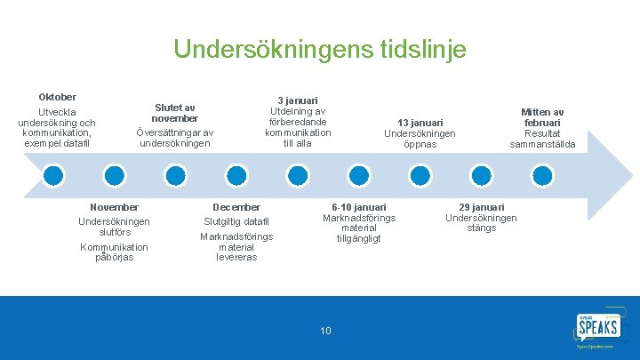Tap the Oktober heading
(57, 97)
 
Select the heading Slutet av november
(174, 113)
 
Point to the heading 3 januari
(298, 100)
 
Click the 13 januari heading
(420, 123)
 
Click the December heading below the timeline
(236, 207)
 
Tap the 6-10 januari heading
(359, 207)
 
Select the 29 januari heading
(481, 207)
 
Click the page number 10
(325, 331)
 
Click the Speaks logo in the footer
(596, 328)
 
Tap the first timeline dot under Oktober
(53, 174)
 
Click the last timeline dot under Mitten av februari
(541, 174)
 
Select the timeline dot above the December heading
(236, 174)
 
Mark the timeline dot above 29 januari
(480, 174)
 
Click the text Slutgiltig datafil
(236, 221)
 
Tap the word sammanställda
(542, 145)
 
